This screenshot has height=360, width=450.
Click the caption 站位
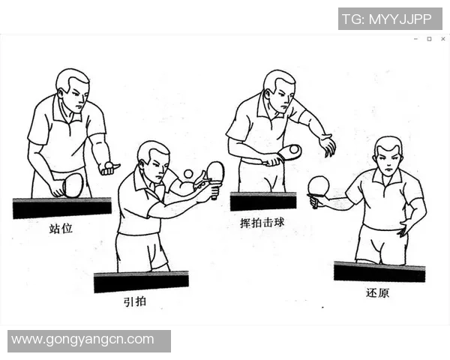pyautogui.click(x=61, y=228)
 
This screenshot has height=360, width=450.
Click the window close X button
pyautogui.click(x=442, y=39)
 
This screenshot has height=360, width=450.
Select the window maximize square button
pyautogui.click(x=429, y=39)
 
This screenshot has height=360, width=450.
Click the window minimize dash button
pyautogui.click(x=415, y=39)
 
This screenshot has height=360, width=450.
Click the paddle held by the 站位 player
pyautogui.click(x=72, y=184)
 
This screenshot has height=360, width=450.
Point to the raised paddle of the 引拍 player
pyautogui.click(x=215, y=172)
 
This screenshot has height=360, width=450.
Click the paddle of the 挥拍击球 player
pyautogui.click(x=289, y=152)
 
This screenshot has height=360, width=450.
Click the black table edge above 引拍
pyautogui.click(x=141, y=282)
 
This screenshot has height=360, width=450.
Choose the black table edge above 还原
pyautogui.click(x=379, y=271)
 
